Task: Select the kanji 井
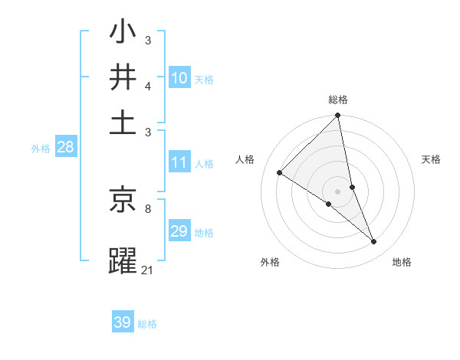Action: (123, 78)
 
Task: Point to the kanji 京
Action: (123, 201)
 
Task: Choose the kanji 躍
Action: (123, 260)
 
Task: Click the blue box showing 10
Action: (179, 77)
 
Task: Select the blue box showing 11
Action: (179, 162)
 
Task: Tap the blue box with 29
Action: (179, 231)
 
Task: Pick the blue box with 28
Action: (65, 148)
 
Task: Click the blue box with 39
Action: (123, 322)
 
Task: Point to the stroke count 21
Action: (148, 270)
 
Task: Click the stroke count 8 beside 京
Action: (147, 208)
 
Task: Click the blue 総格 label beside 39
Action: (147, 324)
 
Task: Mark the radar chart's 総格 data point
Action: (338, 116)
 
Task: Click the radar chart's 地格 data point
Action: (374, 242)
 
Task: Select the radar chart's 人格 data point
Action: (279, 173)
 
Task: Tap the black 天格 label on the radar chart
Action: (432, 159)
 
